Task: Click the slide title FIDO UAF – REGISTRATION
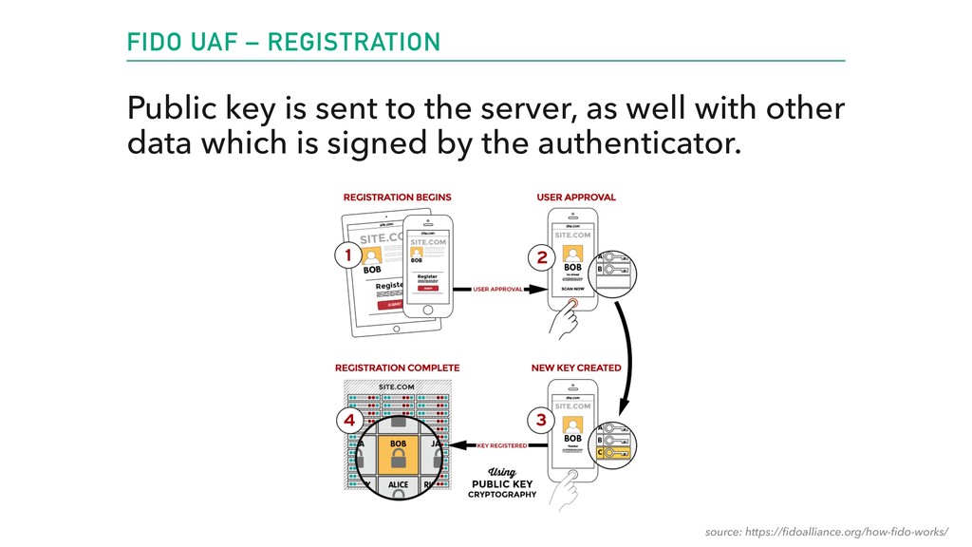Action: pyautogui.click(x=284, y=42)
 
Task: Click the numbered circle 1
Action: pyautogui.click(x=347, y=255)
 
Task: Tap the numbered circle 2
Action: pyautogui.click(x=542, y=255)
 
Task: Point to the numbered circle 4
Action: pyautogui.click(x=349, y=419)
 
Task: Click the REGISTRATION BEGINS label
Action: pyautogui.click(x=397, y=198)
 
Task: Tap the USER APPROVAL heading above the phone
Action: pyautogui.click(x=576, y=198)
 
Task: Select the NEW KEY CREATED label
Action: pyautogui.click(x=576, y=368)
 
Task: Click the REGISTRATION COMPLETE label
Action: pyautogui.click(x=397, y=368)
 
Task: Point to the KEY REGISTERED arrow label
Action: pyautogui.click(x=500, y=444)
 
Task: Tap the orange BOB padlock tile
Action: pyautogui.click(x=399, y=454)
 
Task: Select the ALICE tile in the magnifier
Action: pyautogui.click(x=399, y=484)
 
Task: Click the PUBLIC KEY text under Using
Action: pyautogui.click(x=501, y=483)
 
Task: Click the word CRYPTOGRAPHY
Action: pyautogui.click(x=501, y=494)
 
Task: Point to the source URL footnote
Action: pyautogui.click(x=826, y=529)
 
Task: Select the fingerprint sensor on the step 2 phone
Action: pyautogui.click(x=571, y=305)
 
